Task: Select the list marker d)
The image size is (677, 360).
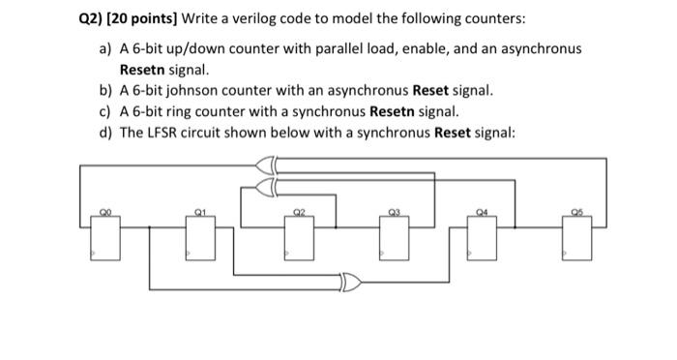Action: click(x=104, y=132)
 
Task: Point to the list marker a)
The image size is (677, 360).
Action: click(x=104, y=48)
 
